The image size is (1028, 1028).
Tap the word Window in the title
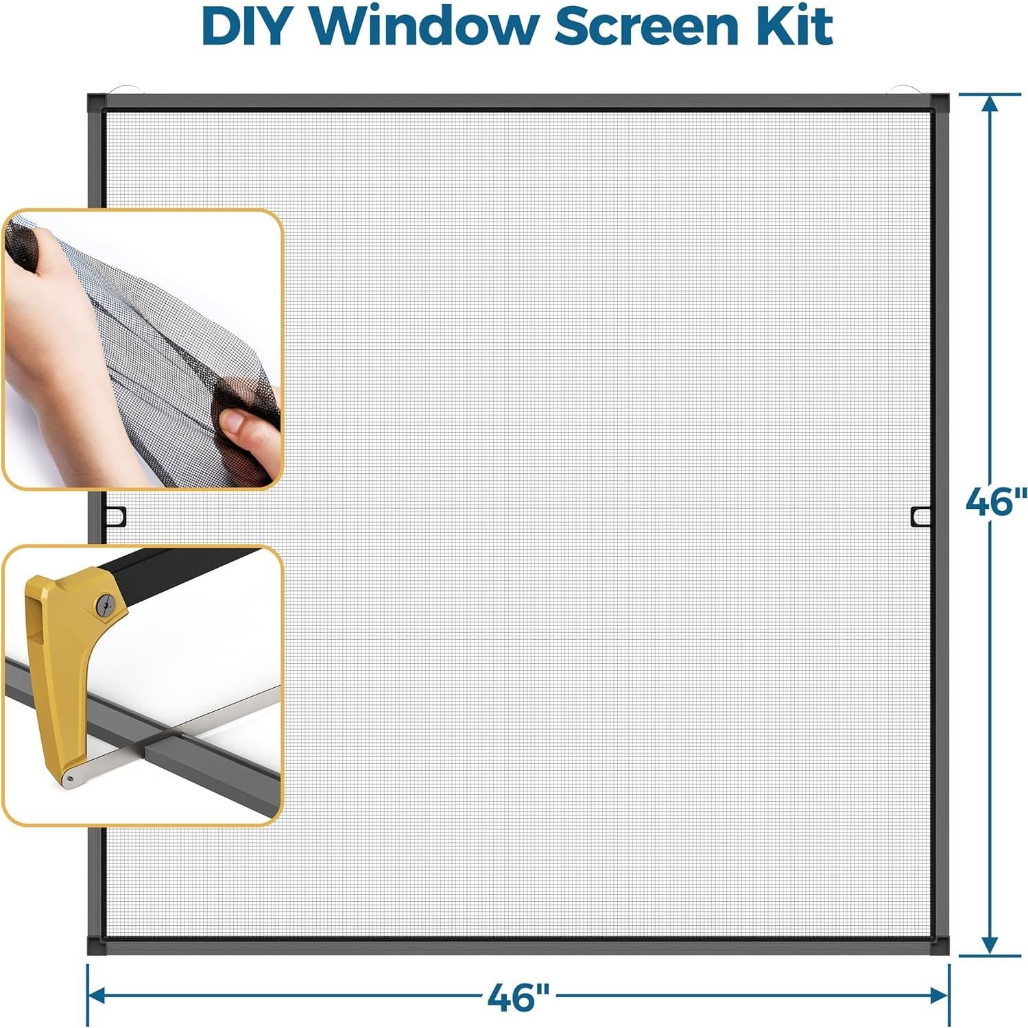(x=423, y=27)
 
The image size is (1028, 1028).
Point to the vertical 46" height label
(x=996, y=503)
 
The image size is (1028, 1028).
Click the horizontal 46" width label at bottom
(x=518, y=996)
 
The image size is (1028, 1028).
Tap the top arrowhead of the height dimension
(x=990, y=103)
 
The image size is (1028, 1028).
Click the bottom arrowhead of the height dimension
(x=990, y=945)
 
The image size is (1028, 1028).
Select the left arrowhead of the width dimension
(x=97, y=995)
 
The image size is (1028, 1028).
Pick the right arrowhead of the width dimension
(x=940, y=995)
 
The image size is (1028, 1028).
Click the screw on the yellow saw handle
(x=104, y=603)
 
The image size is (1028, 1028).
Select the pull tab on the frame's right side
(x=921, y=516)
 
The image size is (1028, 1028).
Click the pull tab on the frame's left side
(x=116, y=516)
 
